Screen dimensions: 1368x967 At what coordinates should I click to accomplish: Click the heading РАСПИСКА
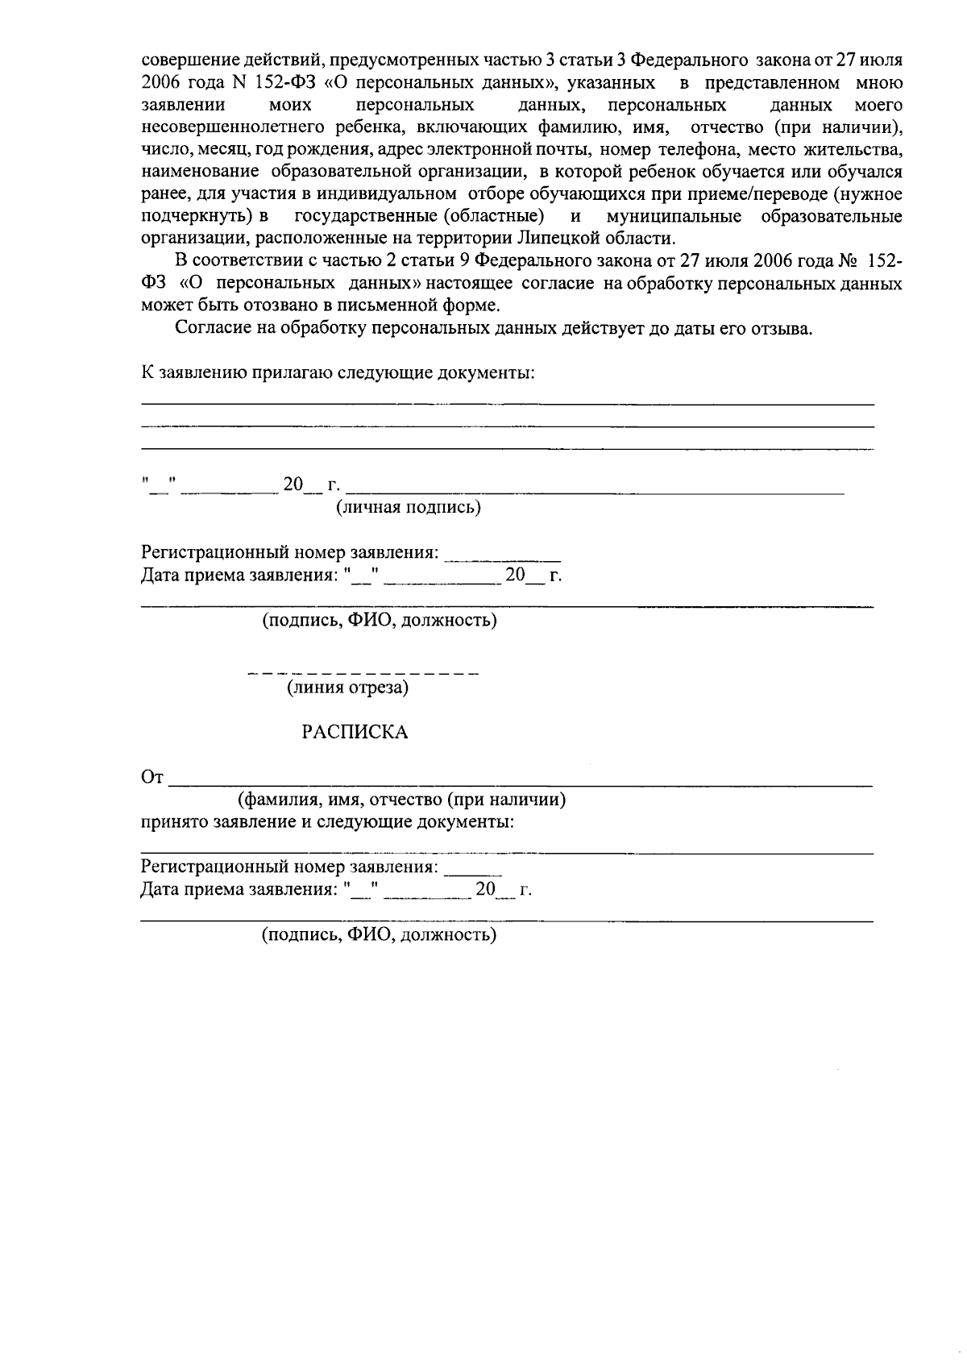pyautogui.click(x=355, y=732)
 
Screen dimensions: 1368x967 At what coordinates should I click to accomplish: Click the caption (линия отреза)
pyautogui.click(x=348, y=688)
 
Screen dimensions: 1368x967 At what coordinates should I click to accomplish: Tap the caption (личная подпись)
pyautogui.click(x=408, y=507)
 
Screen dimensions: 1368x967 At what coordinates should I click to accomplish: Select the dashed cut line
pyautogui.click(x=363, y=673)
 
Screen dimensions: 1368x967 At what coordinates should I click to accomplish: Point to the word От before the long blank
pyautogui.click(x=152, y=778)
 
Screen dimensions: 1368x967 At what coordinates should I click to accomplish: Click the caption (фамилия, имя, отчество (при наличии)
pyautogui.click(x=400, y=800)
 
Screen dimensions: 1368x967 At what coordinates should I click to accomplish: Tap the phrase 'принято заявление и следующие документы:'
pyautogui.click(x=328, y=823)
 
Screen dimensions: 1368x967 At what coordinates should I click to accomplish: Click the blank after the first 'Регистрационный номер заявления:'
pyautogui.click(x=503, y=556)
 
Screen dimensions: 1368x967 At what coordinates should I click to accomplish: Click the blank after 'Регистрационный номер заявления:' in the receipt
pyautogui.click(x=473, y=871)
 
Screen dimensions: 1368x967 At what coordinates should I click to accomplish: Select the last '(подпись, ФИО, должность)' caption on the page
pyautogui.click(x=378, y=935)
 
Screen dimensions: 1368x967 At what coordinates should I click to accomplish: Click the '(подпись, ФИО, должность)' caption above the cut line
pyautogui.click(x=378, y=621)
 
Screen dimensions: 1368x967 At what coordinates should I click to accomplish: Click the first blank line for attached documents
pyautogui.click(x=508, y=403)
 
